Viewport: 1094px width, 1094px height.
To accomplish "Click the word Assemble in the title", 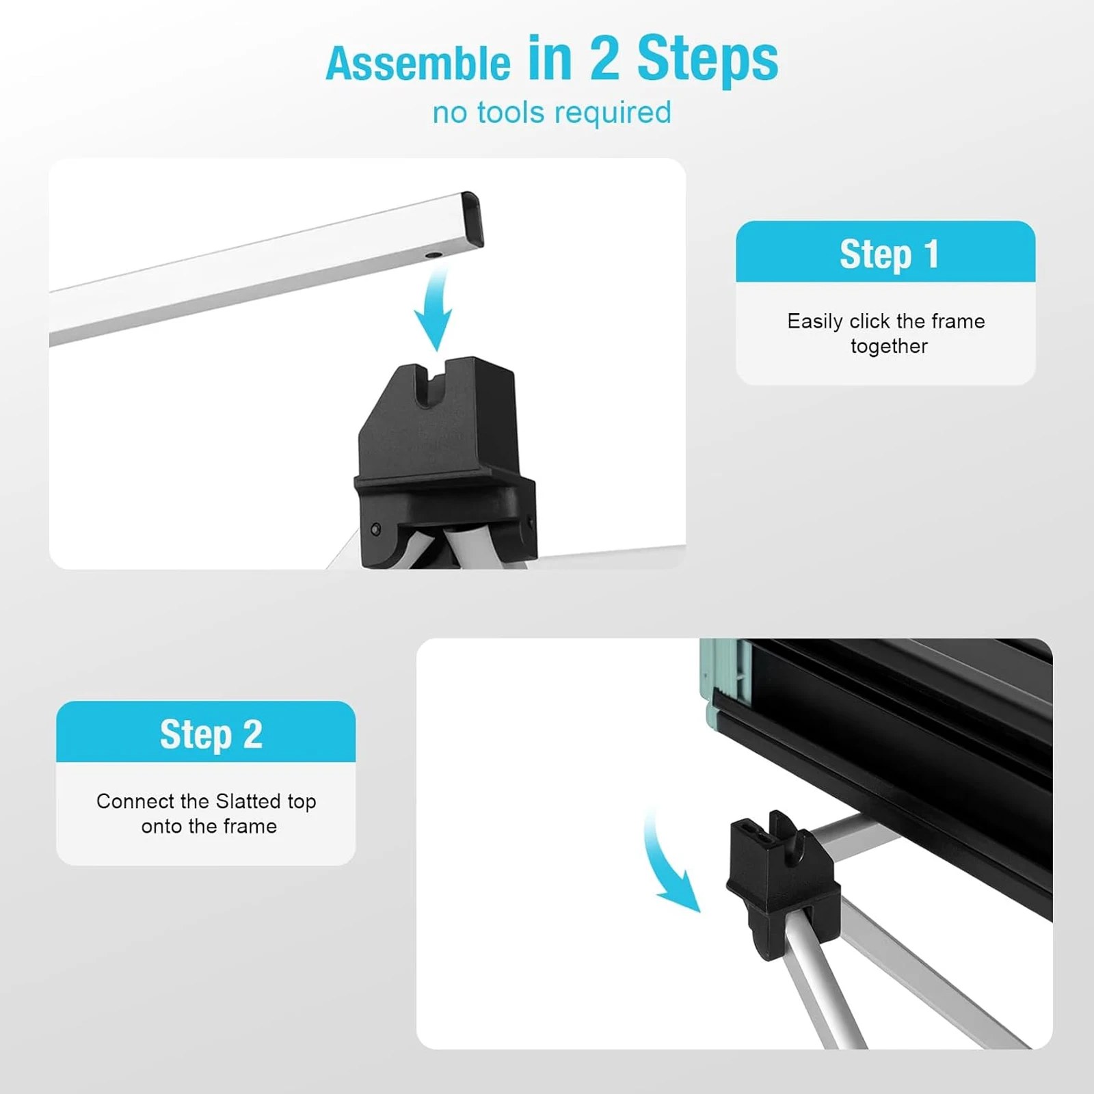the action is [x=418, y=64].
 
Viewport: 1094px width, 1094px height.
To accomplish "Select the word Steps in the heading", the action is [x=708, y=61].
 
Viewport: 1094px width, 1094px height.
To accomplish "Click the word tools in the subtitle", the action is [x=513, y=112].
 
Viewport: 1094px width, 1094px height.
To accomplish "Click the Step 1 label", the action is [x=889, y=255].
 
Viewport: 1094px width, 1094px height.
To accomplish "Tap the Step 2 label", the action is [x=211, y=735].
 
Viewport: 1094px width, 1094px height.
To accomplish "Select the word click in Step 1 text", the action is [x=869, y=321].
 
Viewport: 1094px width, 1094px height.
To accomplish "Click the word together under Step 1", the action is [x=889, y=347].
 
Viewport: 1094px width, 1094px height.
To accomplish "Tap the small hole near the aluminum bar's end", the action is [x=432, y=256].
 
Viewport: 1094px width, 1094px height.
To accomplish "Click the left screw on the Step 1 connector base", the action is [x=375, y=529].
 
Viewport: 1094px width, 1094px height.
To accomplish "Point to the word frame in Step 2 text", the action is [x=252, y=826].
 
